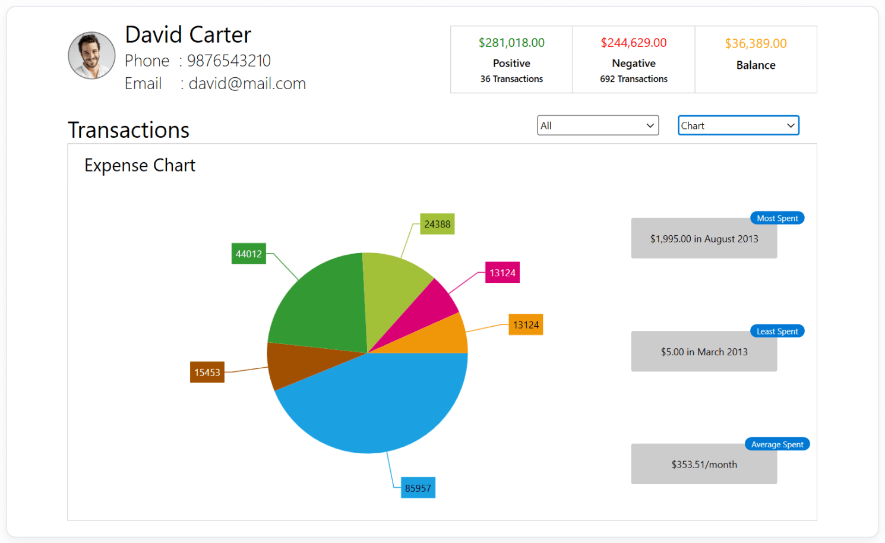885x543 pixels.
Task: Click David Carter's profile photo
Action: click(x=91, y=56)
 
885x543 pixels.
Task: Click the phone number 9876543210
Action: click(x=229, y=61)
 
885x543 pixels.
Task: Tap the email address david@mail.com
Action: click(x=247, y=84)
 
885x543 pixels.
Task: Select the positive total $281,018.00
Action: click(x=511, y=43)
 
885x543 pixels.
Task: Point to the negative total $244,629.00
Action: click(x=633, y=43)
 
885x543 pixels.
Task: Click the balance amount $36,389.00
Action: click(x=756, y=43)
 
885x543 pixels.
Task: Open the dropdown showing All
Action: click(x=598, y=125)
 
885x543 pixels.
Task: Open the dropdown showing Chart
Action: click(x=738, y=125)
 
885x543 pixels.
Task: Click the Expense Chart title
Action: click(x=140, y=165)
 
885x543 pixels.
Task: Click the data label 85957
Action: click(x=418, y=488)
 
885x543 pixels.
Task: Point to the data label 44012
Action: click(x=248, y=254)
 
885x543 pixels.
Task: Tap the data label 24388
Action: click(x=437, y=224)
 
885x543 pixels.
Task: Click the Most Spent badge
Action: click(x=777, y=218)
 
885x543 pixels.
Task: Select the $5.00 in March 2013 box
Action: click(x=704, y=352)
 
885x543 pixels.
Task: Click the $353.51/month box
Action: click(x=704, y=465)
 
